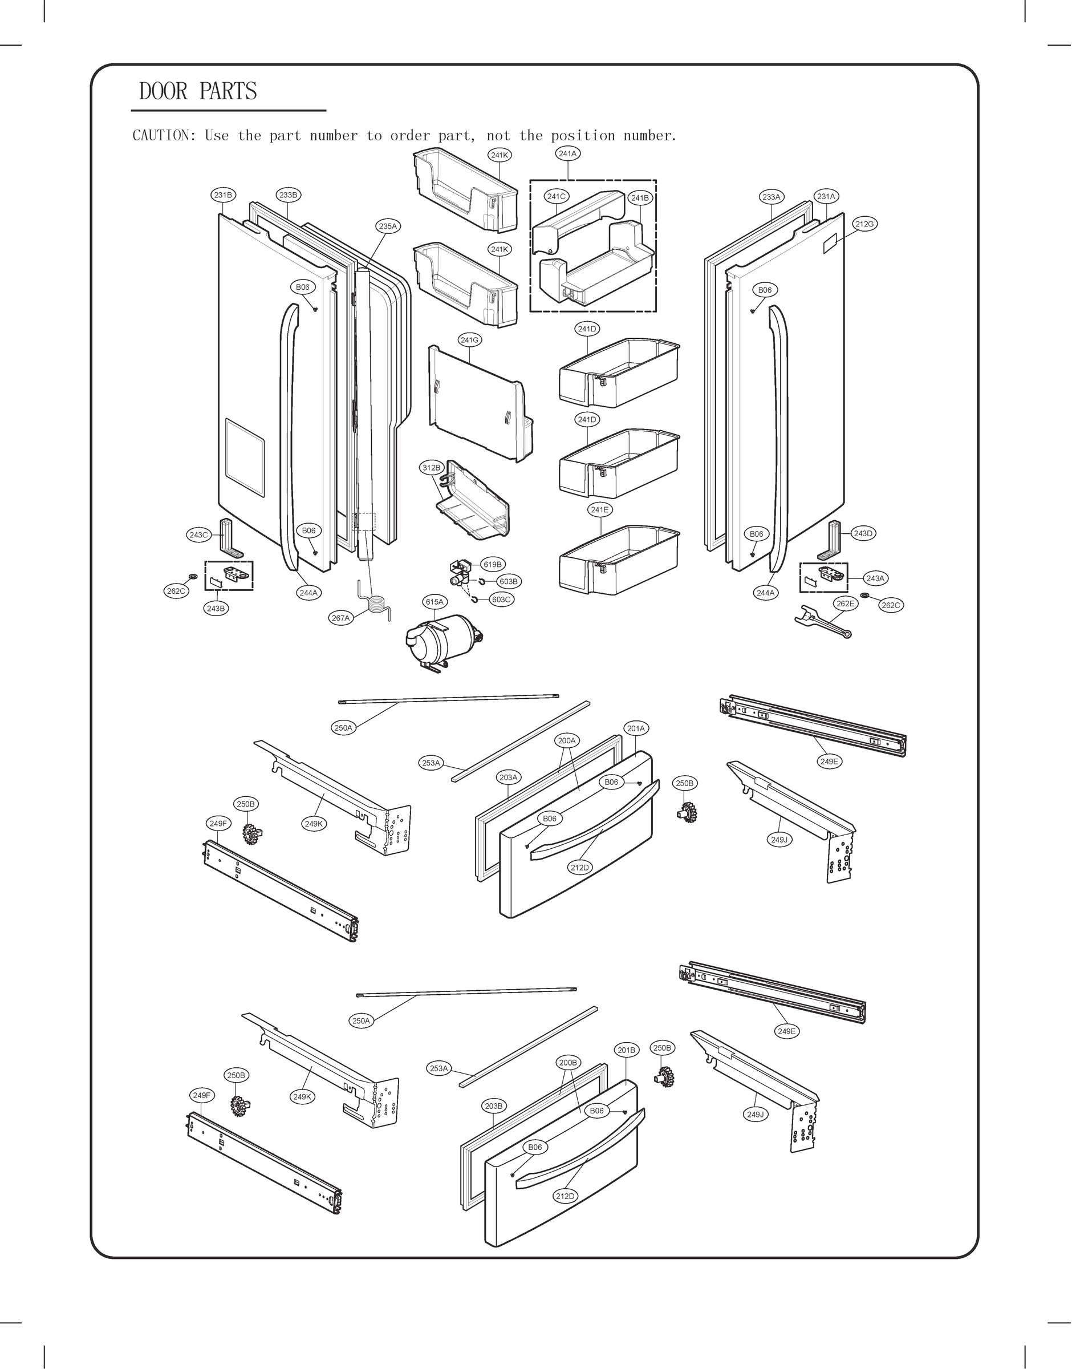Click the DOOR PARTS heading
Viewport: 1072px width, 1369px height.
click(198, 91)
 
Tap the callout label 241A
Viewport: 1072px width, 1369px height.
click(567, 153)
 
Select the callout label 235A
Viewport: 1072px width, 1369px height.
click(388, 226)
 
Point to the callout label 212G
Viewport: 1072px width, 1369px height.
click(864, 224)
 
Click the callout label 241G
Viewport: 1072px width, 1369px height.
click(469, 340)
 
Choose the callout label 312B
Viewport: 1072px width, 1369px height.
click(431, 468)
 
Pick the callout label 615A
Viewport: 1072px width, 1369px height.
click(435, 601)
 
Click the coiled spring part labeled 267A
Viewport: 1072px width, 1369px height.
click(376, 606)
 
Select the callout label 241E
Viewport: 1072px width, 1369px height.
click(599, 510)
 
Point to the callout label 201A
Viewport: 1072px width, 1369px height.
click(636, 728)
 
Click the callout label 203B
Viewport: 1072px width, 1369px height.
click(493, 1105)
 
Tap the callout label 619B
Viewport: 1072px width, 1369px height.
click(493, 564)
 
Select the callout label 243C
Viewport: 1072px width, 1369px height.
click(198, 535)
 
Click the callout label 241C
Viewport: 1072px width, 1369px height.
click(556, 196)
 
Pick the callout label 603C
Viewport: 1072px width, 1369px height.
click(501, 600)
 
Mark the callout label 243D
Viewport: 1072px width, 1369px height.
click(863, 533)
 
